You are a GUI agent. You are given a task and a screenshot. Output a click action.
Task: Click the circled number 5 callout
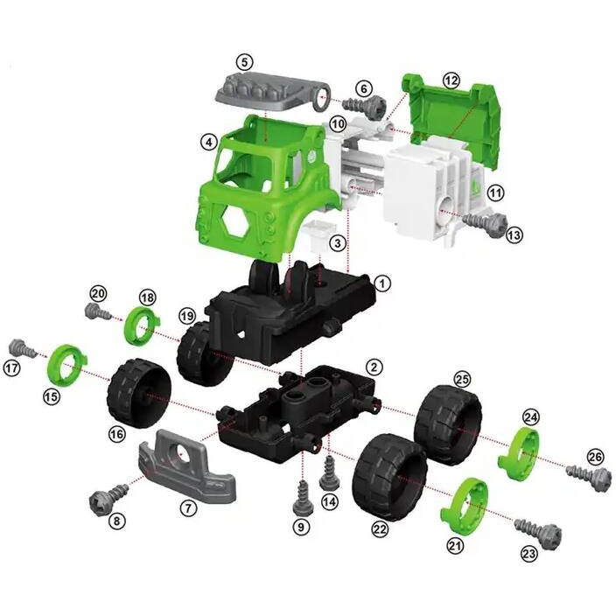[245, 62]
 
